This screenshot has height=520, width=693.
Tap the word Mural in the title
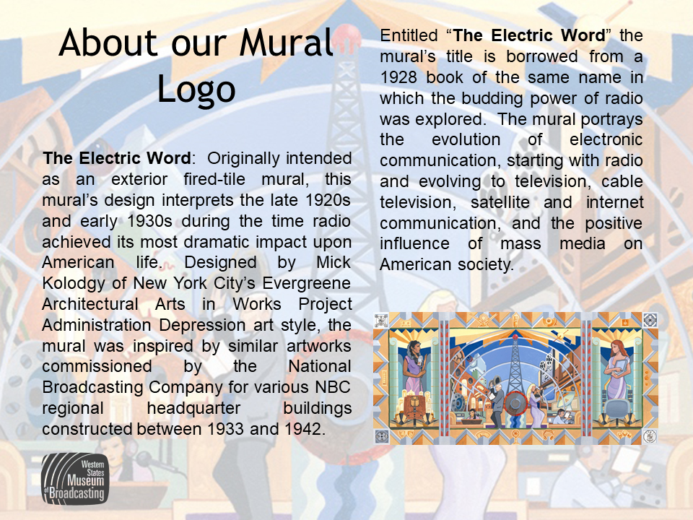(x=286, y=43)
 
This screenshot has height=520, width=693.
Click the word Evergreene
(x=307, y=283)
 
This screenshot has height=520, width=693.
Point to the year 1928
(x=398, y=77)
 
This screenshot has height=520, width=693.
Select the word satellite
(x=500, y=202)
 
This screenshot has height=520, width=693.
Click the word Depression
(x=202, y=326)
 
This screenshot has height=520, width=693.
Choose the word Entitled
(x=409, y=35)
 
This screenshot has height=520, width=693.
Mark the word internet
(x=615, y=202)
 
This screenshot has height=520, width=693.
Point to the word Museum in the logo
(x=86, y=481)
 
